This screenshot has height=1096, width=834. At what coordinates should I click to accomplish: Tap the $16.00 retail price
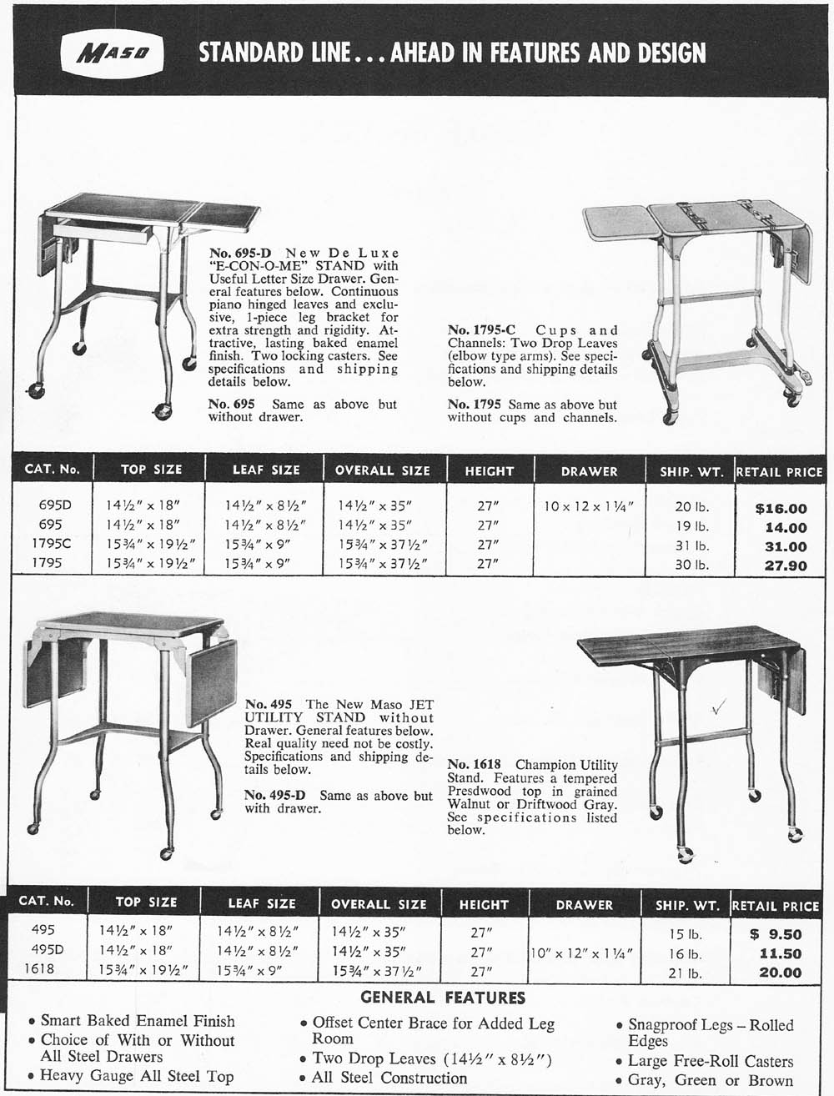(x=781, y=508)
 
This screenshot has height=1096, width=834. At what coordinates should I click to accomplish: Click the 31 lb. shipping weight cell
(x=691, y=546)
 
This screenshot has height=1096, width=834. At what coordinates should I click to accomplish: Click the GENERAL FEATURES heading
(x=442, y=998)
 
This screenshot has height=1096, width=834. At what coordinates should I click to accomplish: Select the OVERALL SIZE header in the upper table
(x=383, y=470)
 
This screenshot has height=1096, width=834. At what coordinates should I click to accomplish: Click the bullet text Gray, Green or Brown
(x=711, y=1080)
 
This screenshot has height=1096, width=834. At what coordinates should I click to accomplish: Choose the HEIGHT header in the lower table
(x=484, y=904)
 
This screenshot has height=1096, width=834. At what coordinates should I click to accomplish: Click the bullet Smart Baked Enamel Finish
(x=138, y=1020)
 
